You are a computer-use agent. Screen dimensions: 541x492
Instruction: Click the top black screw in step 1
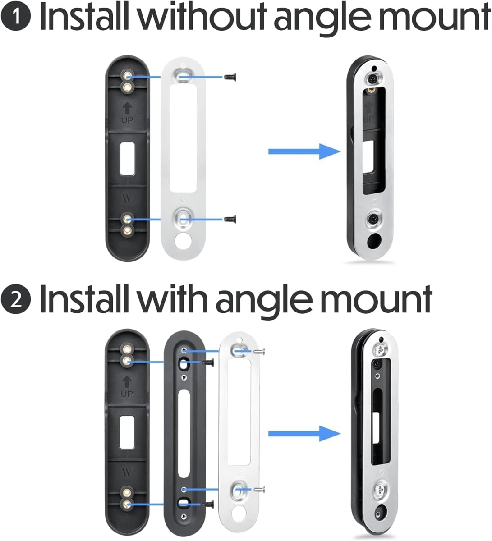(230, 77)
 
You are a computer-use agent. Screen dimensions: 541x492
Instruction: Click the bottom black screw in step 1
(230, 219)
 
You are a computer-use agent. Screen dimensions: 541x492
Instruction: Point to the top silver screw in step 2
(259, 350)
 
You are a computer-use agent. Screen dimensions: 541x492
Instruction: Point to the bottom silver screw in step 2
(259, 489)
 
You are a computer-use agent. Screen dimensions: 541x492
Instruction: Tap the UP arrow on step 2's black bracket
(127, 382)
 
